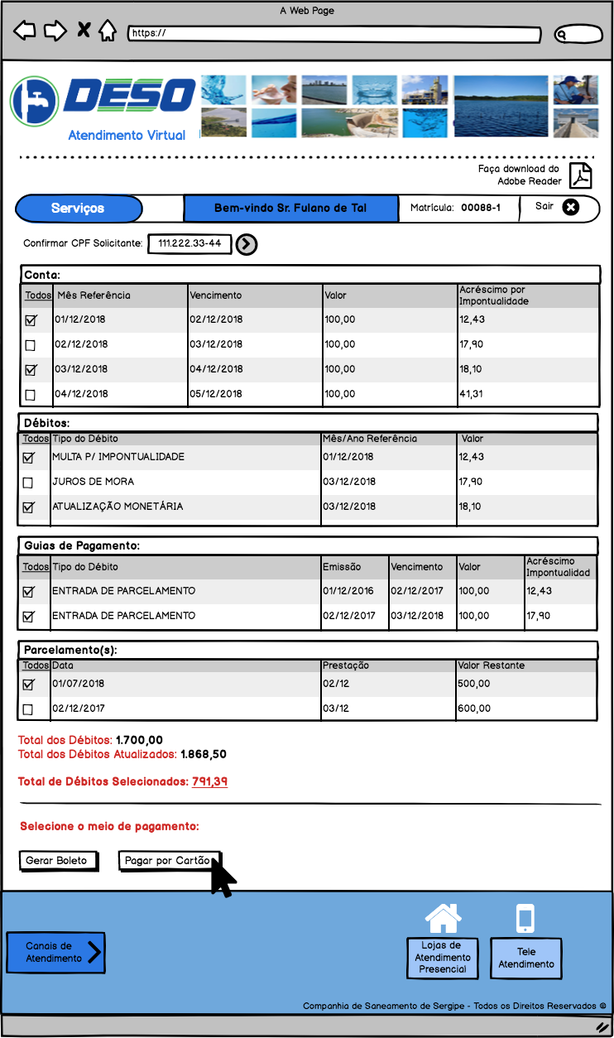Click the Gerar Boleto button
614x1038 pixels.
pos(57,861)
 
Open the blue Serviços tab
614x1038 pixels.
pos(78,209)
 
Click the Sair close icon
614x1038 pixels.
pos(570,207)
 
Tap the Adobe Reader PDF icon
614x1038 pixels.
pos(581,175)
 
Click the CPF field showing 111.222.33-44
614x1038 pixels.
pos(189,243)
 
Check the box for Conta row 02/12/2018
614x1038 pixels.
pos(31,344)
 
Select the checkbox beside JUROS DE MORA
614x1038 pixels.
pos(28,483)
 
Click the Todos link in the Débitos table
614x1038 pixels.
pos(36,439)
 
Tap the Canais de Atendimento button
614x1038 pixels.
pos(56,952)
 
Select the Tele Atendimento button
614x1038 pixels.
pos(526,959)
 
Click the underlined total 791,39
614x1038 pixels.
pos(209,781)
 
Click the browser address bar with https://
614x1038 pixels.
pos(335,34)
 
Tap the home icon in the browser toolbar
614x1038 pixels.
pos(107,31)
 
